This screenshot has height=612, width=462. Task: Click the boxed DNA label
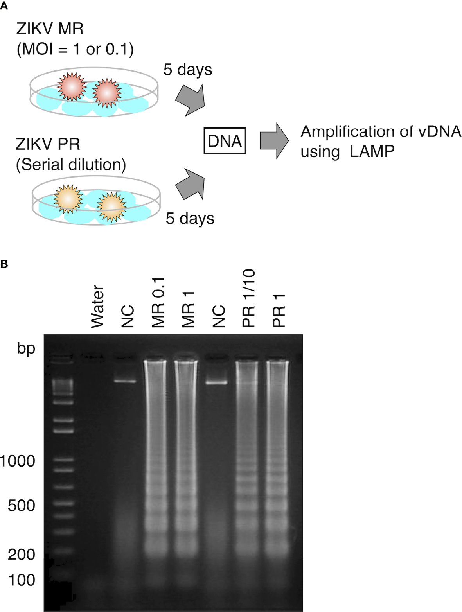point(225,141)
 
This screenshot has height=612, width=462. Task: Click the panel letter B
point(4,264)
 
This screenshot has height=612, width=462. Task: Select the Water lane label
point(97,307)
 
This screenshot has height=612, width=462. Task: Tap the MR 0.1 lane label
point(158,303)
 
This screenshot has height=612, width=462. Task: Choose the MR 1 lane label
point(188,309)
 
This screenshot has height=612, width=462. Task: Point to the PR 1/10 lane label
point(249,298)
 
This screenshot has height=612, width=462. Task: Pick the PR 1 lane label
point(279,311)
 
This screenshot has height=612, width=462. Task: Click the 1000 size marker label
point(18,461)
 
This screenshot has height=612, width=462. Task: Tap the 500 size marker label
point(22,506)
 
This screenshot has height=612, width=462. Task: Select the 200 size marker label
point(22,554)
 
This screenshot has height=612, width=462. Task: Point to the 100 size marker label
point(22,580)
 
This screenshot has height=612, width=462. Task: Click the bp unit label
point(26,348)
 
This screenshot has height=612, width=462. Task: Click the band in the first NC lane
point(125,381)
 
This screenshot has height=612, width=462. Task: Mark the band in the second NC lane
point(217,383)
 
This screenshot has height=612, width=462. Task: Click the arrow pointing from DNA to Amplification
point(274,141)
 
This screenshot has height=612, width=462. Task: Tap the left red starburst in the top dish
point(72,87)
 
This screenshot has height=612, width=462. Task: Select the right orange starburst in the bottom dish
point(111,207)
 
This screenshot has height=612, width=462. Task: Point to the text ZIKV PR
point(48,144)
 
